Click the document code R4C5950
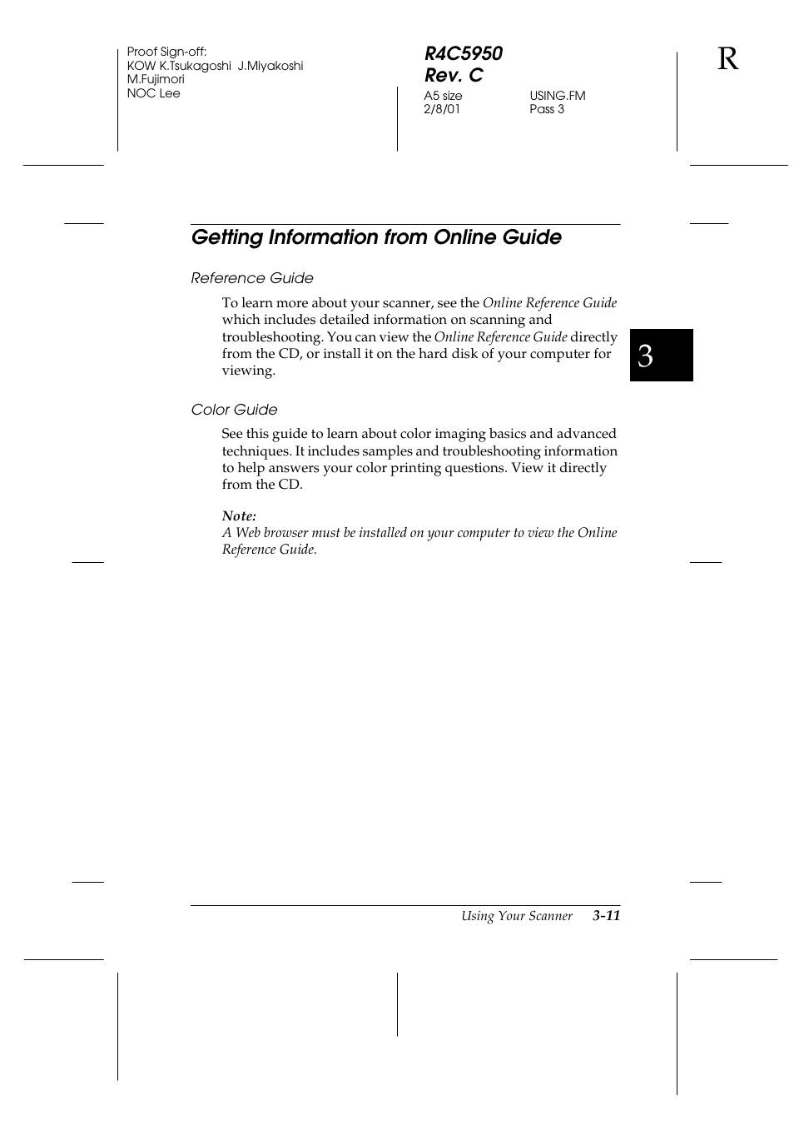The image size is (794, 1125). pyautogui.click(x=463, y=53)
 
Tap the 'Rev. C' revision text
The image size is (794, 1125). pyautogui.click(x=454, y=75)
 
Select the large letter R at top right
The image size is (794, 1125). pyautogui.click(x=727, y=59)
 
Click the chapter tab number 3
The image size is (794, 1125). pyautogui.click(x=646, y=356)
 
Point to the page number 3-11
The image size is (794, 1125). pyautogui.click(x=607, y=916)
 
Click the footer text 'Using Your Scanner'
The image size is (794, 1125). pyautogui.click(x=517, y=916)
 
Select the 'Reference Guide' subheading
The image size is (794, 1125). pyautogui.click(x=252, y=278)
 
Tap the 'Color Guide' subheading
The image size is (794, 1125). pyautogui.click(x=234, y=410)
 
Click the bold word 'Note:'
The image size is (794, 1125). pyautogui.click(x=239, y=516)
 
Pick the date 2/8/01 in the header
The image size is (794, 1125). pyautogui.click(x=442, y=109)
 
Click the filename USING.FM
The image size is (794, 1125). pyautogui.click(x=558, y=96)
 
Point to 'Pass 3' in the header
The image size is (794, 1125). pyautogui.click(x=547, y=109)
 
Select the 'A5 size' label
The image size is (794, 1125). pyautogui.click(x=443, y=96)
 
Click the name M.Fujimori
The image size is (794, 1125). pyautogui.click(x=156, y=79)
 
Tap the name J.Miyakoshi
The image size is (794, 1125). pyautogui.click(x=270, y=66)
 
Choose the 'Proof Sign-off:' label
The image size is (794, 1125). pyautogui.click(x=166, y=52)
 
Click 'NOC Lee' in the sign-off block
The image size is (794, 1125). pyautogui.click(x=153, y=93)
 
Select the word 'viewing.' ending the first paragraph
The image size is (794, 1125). pyautogui.click(x=248, y=371)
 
